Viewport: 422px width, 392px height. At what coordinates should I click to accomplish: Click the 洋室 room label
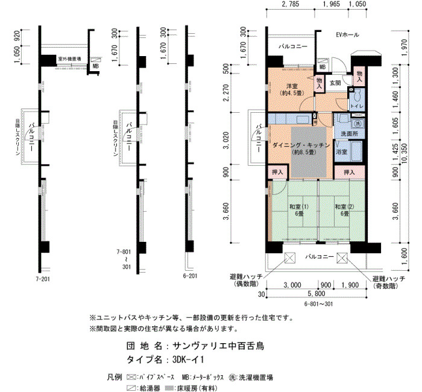click(x=292, y=86)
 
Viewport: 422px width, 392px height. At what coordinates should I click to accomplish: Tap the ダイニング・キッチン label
click(x=301, y=145)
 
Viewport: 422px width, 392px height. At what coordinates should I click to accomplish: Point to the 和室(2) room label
click(x=344, y=207)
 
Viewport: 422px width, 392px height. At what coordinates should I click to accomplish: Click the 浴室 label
click(x=342, y=152)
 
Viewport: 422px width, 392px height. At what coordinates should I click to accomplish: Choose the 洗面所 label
click(x=349, y=133)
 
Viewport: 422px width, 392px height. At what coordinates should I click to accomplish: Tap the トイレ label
click(x=357, y=106)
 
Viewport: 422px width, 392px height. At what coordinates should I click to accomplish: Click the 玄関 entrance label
click(x=335, y=83)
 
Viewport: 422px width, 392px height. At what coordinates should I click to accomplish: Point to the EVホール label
click(x=347, y=35)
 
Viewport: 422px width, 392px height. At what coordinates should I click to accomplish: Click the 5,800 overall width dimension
click(x=316, y=294)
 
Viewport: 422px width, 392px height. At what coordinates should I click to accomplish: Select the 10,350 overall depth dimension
click(x=404, y=154)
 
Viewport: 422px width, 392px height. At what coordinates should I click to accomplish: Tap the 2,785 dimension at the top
click(x=290, y=4)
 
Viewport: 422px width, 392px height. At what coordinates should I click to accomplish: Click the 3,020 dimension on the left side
click(x=226, y=141)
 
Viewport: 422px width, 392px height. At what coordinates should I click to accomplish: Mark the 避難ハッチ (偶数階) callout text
click(x=246, y=280)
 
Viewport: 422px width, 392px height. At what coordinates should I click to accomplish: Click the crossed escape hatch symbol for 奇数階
click(x=342, y=258)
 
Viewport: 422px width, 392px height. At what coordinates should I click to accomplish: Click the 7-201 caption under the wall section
click(x=43, y=279)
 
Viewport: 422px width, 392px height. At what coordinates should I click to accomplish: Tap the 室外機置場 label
click(x=69, y=58)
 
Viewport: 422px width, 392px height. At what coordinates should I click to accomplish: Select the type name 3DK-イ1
click(x=188, y=360)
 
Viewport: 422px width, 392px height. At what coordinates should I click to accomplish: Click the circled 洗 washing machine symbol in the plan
click(x=358, y=124)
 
